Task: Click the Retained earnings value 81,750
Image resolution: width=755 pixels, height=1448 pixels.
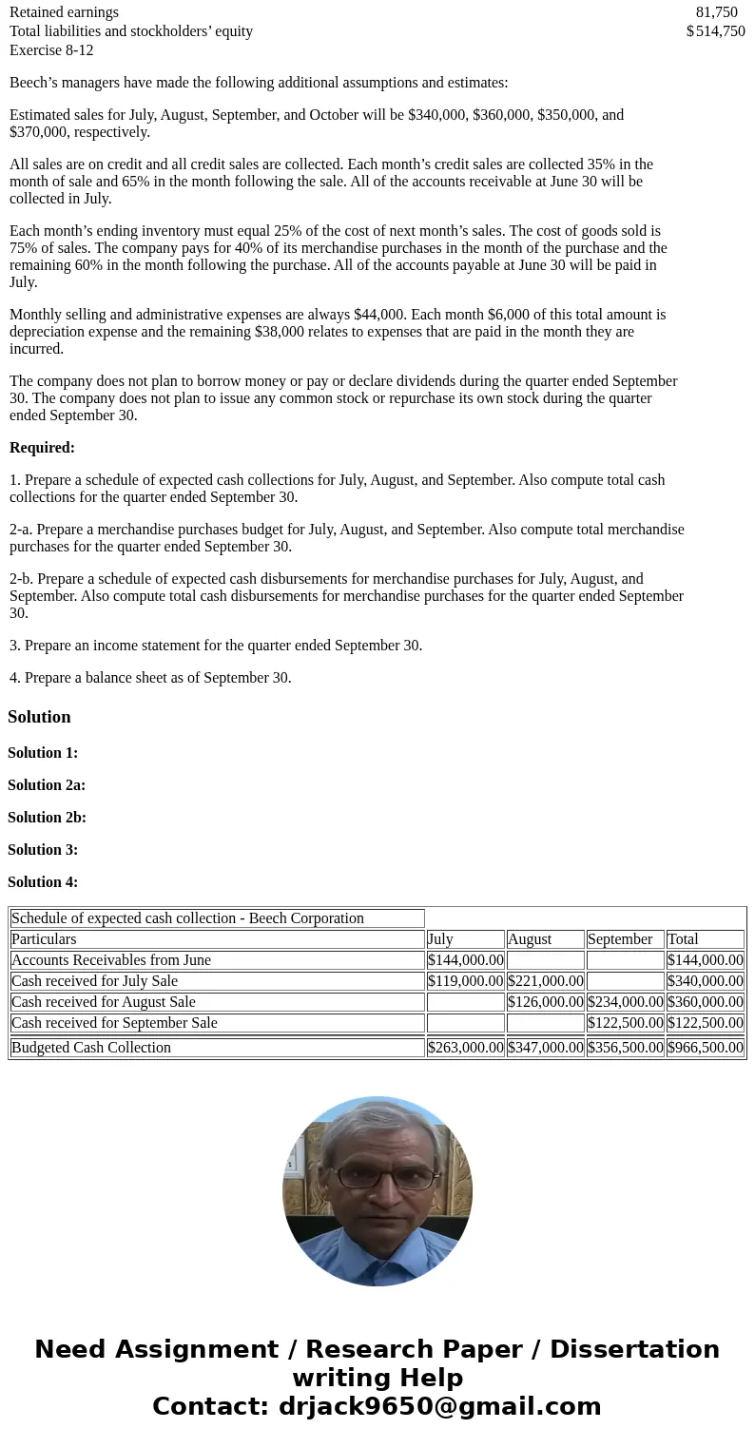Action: pyautogui.click(x=716, y=12)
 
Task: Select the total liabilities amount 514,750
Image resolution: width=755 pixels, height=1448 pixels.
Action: pyautogui.click(x=720, y=31)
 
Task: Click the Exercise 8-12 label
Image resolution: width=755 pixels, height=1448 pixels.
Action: pyautogui.click(x=51, y=50)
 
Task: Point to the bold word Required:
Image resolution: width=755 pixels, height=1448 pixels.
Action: pyautogui.click(x=42, y=448)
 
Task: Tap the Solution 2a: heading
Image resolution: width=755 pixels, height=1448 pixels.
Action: pyautogui.click(x=47, y=785)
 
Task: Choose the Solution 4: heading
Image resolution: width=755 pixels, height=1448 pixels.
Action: pyautogui.click(x=43, y=882)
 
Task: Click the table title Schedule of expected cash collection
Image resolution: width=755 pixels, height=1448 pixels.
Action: pyautogui.click(x=187, y=918)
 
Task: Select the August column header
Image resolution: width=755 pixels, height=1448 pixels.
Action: pyautogui.click(x=530, y=939)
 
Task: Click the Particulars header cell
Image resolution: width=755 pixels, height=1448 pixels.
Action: pyautogui.click(x=44, y=939)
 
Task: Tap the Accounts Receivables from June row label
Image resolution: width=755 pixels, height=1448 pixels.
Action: pyautogui.click(x=111, y=960)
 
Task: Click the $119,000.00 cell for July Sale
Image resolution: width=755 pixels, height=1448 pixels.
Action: pyautogui.click(x=466, y=981)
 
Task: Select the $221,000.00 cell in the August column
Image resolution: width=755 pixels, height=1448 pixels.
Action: pyautogui.click(x=546, y=981)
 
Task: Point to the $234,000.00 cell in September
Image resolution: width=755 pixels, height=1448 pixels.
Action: pyautogui.click(x=626, y=1002)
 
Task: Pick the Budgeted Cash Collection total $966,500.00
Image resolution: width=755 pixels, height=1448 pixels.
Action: pyautogui.click(x=706, y=1048)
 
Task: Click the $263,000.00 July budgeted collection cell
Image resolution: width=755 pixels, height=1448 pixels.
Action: pyautogui.click(x=466, y=1048)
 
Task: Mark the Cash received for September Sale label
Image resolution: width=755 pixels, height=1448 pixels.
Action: pyautogui.click(x=114, y=1023)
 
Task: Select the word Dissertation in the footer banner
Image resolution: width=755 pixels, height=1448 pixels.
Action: pyautogui.click(x=634, y=1350)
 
